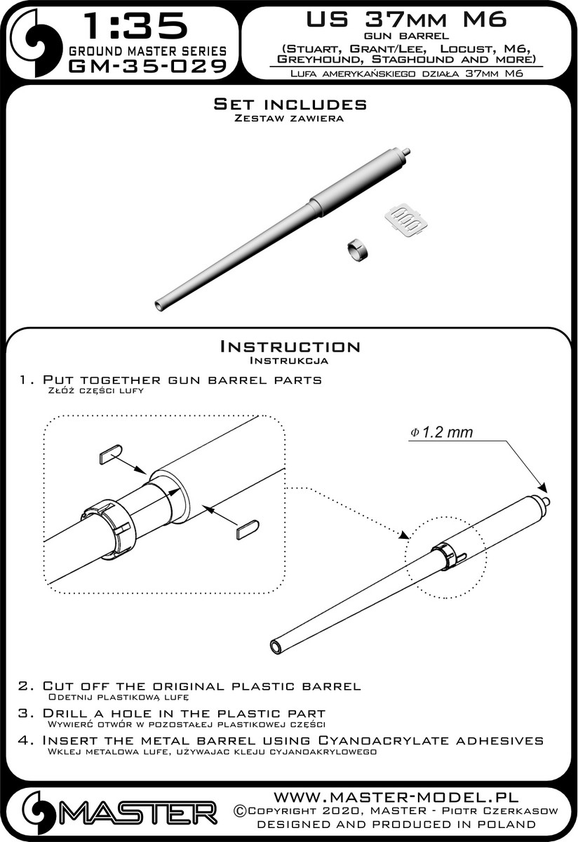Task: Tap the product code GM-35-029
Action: click(148, 66)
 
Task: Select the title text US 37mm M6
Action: click(407, 19)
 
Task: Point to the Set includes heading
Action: click(290, 104)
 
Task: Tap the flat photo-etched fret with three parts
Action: click(406, 219)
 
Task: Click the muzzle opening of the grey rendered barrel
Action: click(160, 304)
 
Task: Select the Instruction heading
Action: click(290, 346)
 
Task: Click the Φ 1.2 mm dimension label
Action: click(442, 433)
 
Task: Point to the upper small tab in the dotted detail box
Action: click(111, 454)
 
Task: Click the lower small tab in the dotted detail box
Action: click(248, 529)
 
